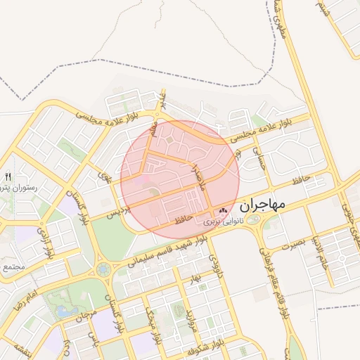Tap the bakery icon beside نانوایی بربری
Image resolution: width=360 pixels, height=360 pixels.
click(x=224, y=210)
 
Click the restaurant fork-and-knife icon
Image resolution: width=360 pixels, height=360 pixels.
click(x=8, y=176)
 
